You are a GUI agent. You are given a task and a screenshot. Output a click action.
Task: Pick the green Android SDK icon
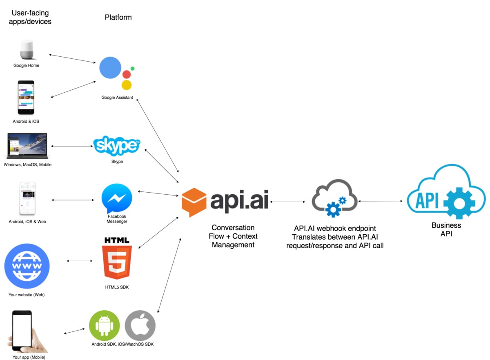pos(104,326)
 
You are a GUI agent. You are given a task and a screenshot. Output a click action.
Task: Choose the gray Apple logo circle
pos(140,326)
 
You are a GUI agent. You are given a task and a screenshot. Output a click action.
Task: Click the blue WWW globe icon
pos(27,266)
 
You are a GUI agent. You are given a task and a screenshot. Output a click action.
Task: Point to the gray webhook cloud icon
pos(334,198)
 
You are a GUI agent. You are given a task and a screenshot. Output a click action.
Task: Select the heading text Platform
pos(118,17)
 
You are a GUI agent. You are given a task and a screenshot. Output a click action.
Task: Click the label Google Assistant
pos(117,98)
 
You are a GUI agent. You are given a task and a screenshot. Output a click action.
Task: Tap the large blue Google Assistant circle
pos(111,68)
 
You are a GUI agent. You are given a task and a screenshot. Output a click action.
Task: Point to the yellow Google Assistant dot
pos(127,85)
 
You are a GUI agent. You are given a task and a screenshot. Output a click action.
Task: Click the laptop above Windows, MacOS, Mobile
pos(27,146)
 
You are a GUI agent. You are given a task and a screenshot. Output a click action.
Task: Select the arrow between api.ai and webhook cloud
pos(287,202)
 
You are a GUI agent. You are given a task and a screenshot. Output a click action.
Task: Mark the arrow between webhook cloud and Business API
pos(381,201)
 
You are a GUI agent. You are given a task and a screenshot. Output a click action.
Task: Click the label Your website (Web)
pos(27,295)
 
